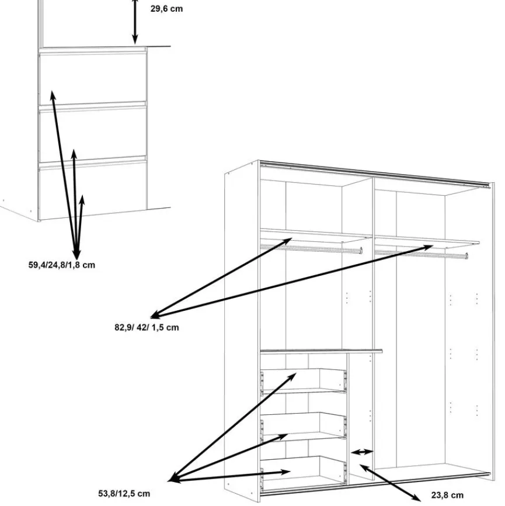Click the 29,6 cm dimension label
[166, 9]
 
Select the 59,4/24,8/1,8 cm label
[62, 265]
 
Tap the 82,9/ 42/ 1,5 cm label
[146, 327]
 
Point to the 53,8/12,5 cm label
[124, 494]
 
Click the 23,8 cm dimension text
[447, 495]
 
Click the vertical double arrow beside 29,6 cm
[135, 21]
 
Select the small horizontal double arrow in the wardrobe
[363, 452]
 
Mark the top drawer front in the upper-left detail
[93, 79]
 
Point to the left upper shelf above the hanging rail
[315, 234]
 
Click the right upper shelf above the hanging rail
[426, 240]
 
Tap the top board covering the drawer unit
[321, 351]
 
